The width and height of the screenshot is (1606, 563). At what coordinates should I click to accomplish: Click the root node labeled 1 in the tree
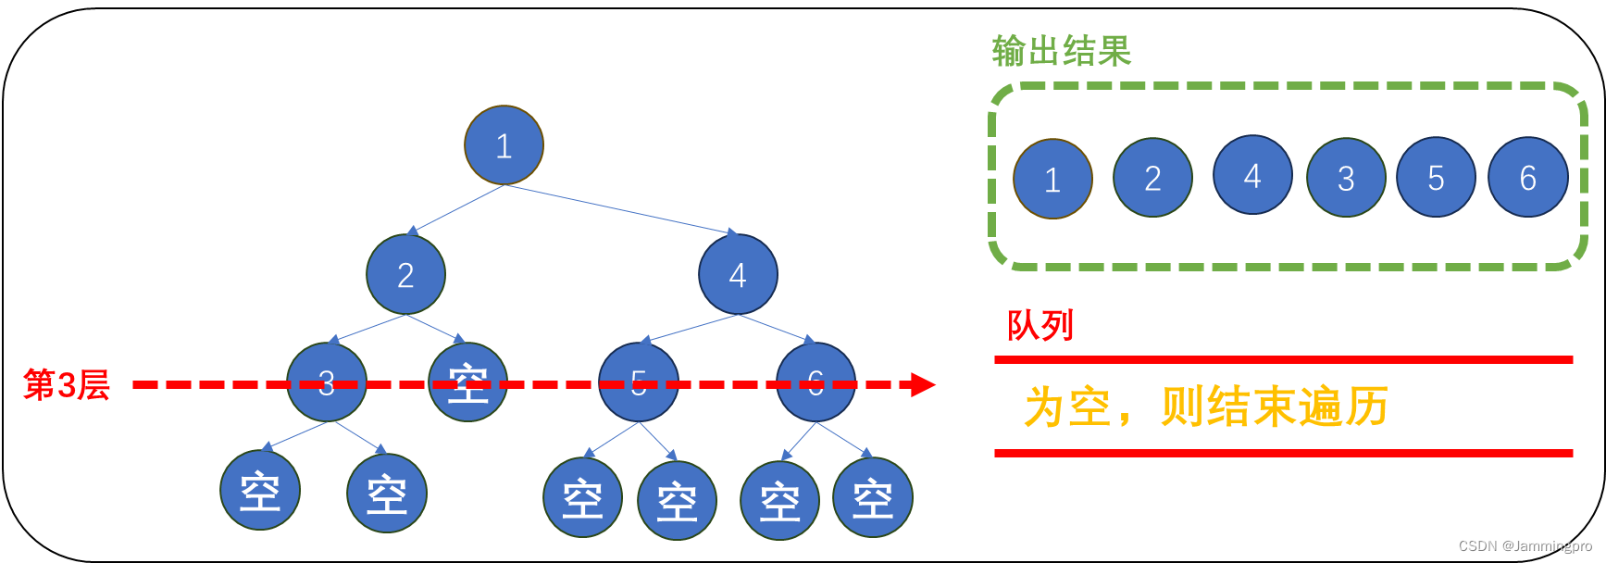pyautogui.click(x=504, y=145)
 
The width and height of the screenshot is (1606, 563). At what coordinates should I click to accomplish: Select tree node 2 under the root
pyautogui.click(x=405, y=274)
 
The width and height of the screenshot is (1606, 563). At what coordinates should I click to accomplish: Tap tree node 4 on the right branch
pyautogui.click(x=738, y=274)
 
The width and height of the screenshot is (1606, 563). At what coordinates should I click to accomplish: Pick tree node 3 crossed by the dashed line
pyautogui.click(x=327, y=382)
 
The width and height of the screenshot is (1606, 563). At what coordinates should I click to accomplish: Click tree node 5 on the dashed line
pyautogui.click(x=639, y=382)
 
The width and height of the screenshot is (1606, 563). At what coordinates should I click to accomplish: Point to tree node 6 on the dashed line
pyautogui.click(x=815, y=382)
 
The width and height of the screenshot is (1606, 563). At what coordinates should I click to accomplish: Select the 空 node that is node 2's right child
pyautogui.click(x=468, y=382)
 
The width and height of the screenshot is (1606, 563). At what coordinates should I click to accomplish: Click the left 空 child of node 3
pyautogui.click(x=260, y=490)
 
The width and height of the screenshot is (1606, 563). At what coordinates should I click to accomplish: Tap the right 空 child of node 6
pyautogui.click(x=873, y=497)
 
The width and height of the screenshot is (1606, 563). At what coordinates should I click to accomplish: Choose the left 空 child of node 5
pyautogui.click(x=583, y=497)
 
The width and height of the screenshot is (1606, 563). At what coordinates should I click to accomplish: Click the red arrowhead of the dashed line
pyautogui.click(x=923, y=384)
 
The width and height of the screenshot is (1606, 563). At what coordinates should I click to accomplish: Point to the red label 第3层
pyautogui.click(x=67, y=384)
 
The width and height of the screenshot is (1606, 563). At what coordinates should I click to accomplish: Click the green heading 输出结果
pyautogui.click(x=1061, y=51)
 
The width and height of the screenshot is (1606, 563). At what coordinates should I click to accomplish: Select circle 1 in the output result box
pyautogui.click(x=1052, y=179)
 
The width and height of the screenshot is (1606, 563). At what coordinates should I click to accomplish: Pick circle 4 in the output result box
pyautogui.click(x=1252, y=175)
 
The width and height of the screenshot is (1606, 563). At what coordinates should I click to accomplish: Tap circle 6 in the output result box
pyautogui.click(x=1527, y=177)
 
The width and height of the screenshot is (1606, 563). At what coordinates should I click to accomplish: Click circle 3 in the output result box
pyautogui.click(x=1346, y=177)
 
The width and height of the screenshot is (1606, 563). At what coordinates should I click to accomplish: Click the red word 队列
pyautogui.click(x=1040, y=326)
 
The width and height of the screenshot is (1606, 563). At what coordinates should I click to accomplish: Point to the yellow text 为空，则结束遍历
pyautogui.click(x=1205, y=407)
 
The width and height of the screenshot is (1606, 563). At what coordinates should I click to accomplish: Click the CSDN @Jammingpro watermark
pyautogui.click(x=1525, y=546)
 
